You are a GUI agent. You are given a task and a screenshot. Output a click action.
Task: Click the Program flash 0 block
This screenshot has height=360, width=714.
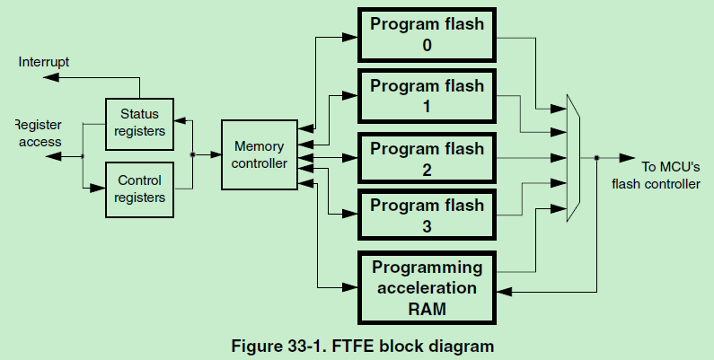pos(427,34)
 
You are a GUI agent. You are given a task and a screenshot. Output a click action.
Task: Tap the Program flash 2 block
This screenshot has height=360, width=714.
pos(427,159)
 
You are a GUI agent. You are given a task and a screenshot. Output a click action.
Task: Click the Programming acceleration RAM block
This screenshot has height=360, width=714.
pos(427,287)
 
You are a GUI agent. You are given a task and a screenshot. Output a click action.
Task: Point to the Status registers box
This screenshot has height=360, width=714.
pos(139,123)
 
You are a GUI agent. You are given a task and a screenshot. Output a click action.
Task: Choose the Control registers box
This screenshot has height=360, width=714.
pos(139,189)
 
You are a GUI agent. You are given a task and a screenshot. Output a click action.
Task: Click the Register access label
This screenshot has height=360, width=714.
pos(39,134)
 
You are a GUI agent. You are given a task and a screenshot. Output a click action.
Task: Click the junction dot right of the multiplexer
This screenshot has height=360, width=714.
pos(596,158)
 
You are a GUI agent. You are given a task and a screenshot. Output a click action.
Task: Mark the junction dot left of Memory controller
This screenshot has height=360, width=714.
pos(193,154)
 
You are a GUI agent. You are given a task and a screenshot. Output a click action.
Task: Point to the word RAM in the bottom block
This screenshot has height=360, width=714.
pos(427,308)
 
